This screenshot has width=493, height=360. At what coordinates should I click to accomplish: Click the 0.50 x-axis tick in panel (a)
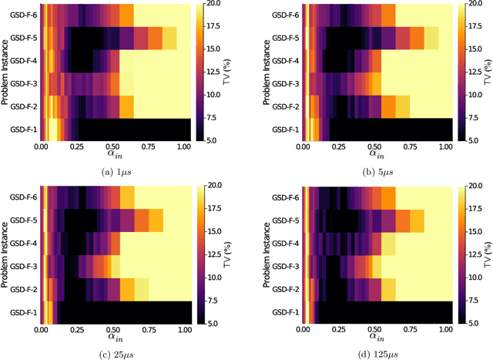coord(112,146)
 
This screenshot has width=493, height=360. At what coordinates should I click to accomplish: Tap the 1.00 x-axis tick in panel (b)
coord(444,146)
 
